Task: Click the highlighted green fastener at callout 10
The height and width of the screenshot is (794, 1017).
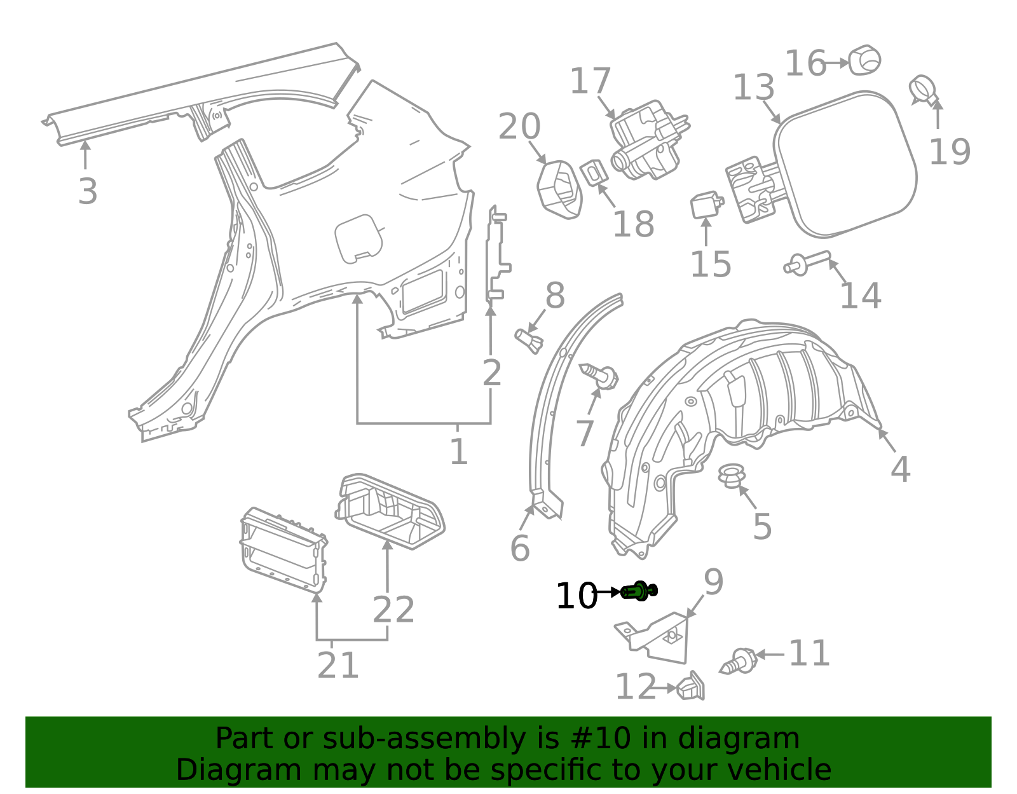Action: pos(639,591)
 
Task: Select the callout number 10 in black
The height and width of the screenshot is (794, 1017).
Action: pos(576,597)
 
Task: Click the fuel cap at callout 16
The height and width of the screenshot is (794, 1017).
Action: pos(865,61)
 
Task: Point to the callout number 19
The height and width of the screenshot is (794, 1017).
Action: pos(950,152)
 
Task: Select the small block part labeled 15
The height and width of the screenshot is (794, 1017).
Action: pos(706,205)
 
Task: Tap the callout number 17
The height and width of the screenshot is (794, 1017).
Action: pos(590,82)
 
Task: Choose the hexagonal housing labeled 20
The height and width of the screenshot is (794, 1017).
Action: pos(559,189)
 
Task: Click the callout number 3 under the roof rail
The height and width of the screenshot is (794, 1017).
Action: pos(88,191)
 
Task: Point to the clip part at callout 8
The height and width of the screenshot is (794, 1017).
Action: pos(529,340)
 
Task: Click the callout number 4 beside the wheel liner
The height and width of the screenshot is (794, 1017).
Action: pos(900,470)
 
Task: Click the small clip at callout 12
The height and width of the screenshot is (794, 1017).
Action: pos(691,687)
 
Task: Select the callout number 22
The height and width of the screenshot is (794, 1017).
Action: pos(393,610)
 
